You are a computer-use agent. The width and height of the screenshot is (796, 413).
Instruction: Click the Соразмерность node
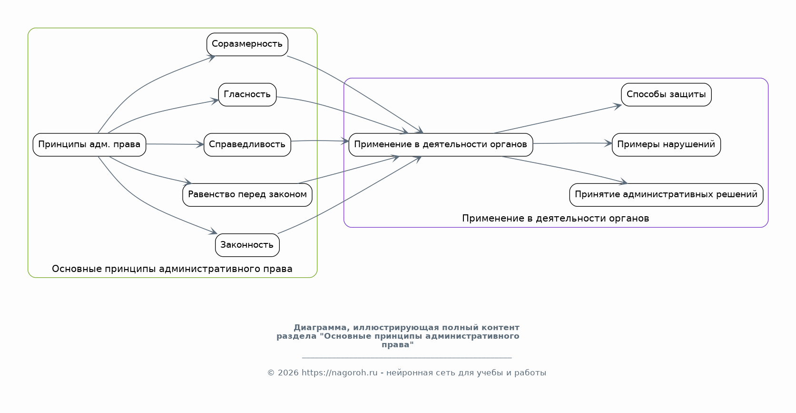pyautogui.click(x=247, y=44)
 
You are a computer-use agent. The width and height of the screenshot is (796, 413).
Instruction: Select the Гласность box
pyautogui.click(x=247, y=94)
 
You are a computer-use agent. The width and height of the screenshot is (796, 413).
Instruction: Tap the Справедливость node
pyautogui.click(x=247, y=144)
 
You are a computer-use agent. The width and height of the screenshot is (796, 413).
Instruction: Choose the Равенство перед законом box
pyautogui.click(x=247, y=194)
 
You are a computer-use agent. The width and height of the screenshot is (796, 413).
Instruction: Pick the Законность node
pyautogui.click(x=247, y=245)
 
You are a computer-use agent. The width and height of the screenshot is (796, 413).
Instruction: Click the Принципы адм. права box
pyautogui.click(x=89, y=144)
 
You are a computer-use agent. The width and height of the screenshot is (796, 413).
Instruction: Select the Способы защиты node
pyautogui.click(x=666, y=94)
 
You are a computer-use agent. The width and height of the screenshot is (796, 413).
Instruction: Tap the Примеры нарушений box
pyautogui.click(x=666, y=144)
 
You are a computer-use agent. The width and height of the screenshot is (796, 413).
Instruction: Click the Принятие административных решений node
pyautogui.click(x=666, y=194)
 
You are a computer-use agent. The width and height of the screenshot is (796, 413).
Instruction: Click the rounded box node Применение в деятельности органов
pyautogui.click(x=440, y=144)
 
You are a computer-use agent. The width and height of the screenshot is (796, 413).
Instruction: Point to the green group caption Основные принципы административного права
pyautogui.click(x=172, y=269)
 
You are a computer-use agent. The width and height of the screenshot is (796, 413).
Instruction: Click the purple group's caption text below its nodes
pyautogui.click(x=555, y=219)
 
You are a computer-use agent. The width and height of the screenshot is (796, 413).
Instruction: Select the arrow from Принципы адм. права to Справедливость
pyautogui.click(x=175, y=144)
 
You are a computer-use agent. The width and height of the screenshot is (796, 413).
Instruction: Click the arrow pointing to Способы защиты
pyautogui.click(x=557, y=119)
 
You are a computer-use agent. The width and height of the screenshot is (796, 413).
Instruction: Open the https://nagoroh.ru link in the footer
pyautogui.click(x=339, y=373)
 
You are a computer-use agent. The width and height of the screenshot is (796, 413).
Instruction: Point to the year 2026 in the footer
pyautogui.click(x=287, y=373)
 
